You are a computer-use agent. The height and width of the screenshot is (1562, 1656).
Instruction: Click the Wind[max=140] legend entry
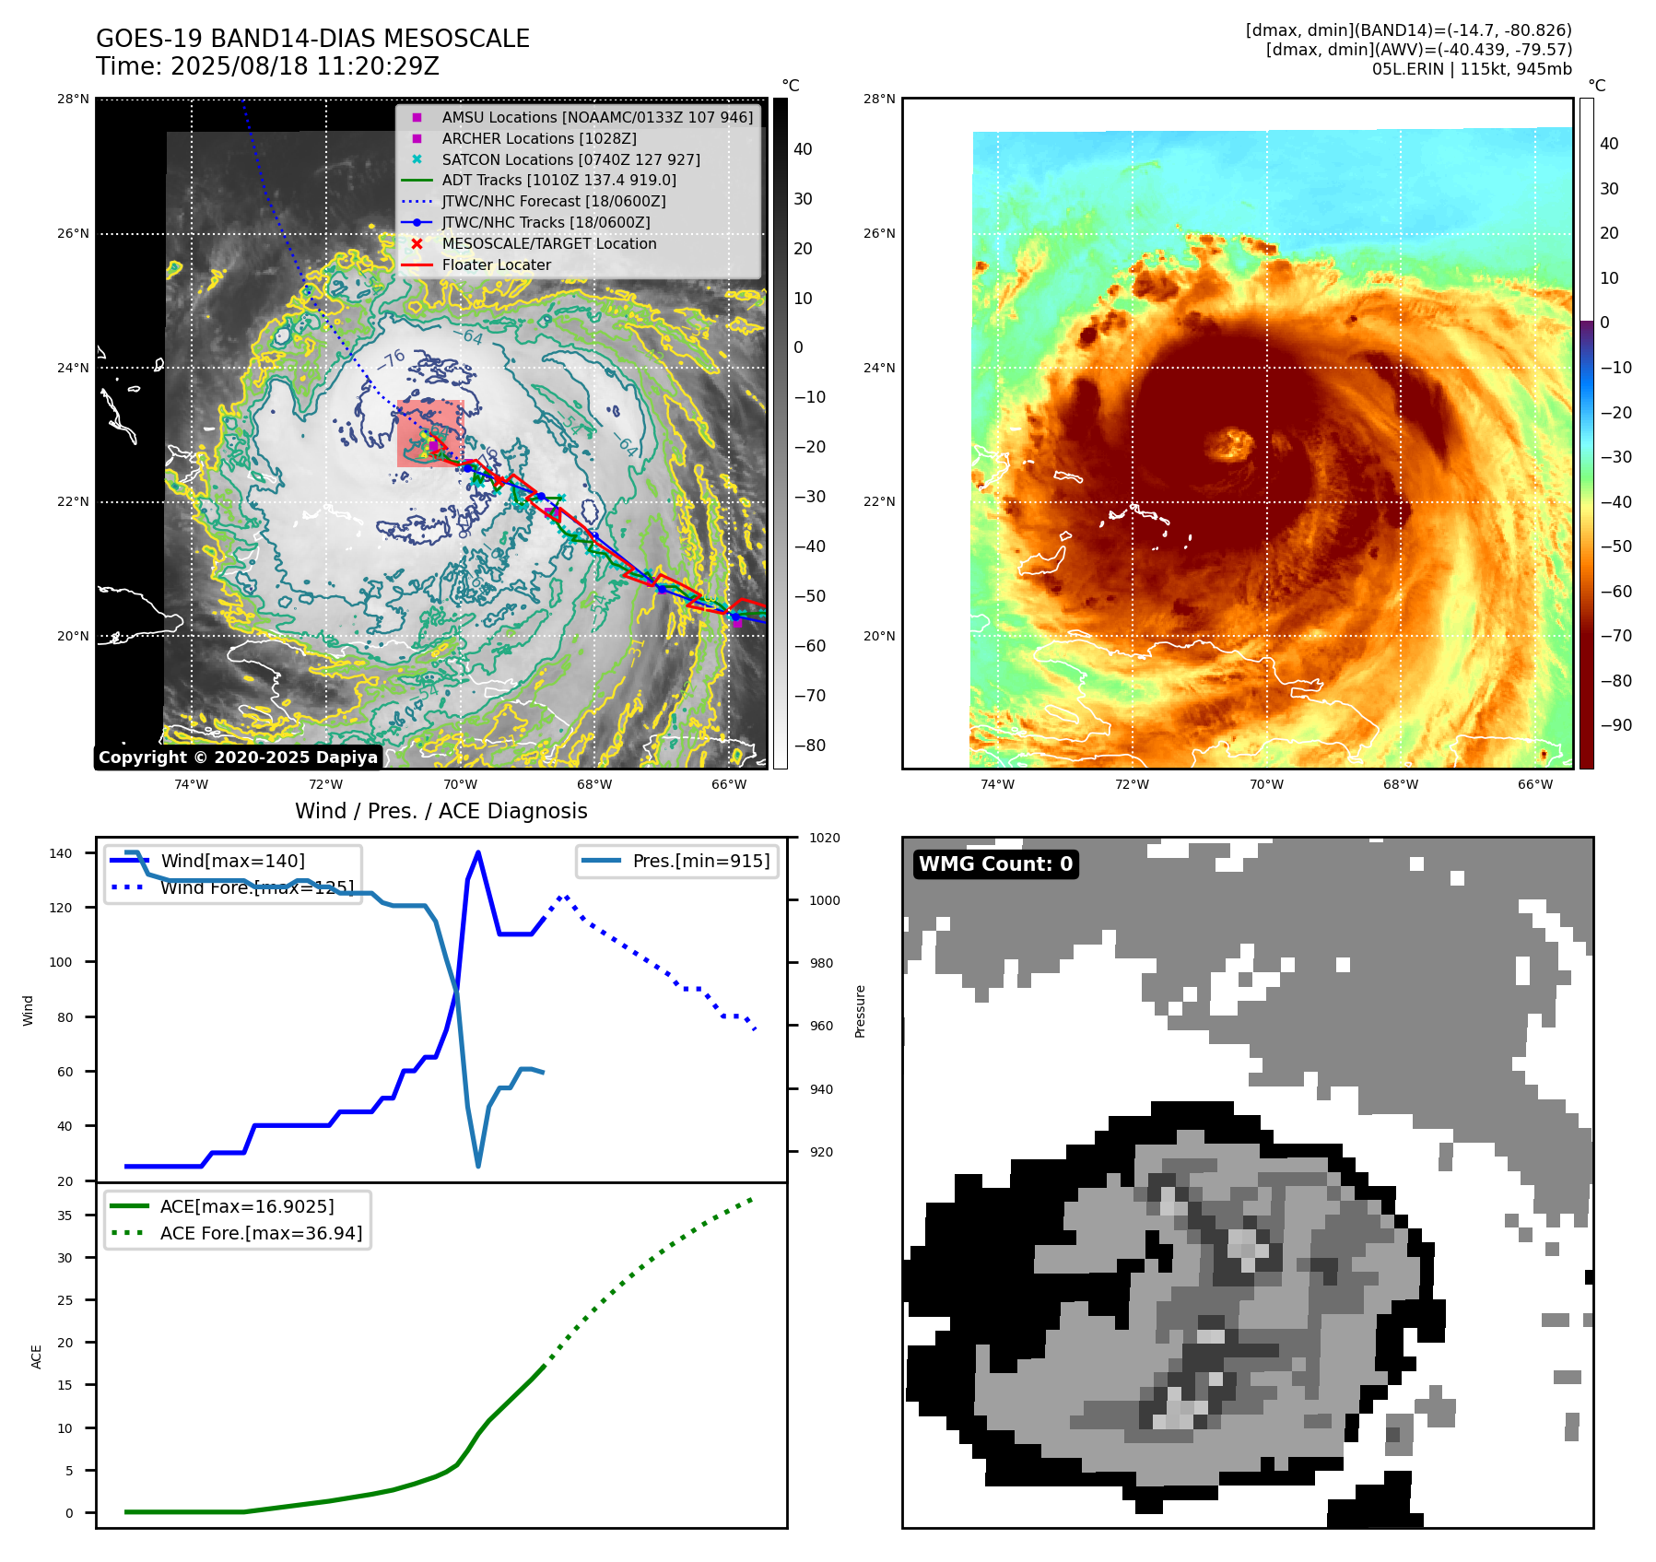pyautogui.click(x=232, y=861)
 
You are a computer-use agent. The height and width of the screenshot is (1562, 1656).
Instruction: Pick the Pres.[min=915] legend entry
pyautogui.click(x=700, y=861)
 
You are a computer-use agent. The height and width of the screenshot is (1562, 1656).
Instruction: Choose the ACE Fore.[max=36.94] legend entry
pyautogui.click(x=261, y=1233)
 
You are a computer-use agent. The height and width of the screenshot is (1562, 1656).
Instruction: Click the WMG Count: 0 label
pyautogui.click(x=995, y=863)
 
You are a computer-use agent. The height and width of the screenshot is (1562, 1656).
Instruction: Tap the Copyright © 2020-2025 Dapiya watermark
pyautogui.click(x=238, y=758)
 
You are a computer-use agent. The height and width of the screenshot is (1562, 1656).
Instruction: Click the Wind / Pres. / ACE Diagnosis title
pyautogui.click(x=440, y=811)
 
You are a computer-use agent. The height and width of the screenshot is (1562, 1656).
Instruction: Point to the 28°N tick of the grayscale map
pyautogui.click(x=73, y=99)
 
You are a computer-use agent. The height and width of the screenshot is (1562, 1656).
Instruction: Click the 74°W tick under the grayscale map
pyautogui.click(x=192, y=784)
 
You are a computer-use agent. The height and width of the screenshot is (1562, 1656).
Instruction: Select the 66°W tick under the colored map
pyautogui.click(x=1534, y=784)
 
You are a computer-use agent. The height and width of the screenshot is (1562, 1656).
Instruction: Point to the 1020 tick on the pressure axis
pyautogui.click(x=825, y=838)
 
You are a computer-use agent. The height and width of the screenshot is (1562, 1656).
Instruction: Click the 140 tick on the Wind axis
pyautogui.click(x=60, y=853)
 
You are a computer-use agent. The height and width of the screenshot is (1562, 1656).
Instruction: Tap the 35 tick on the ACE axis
pyautogui.click(x=65, y=1216)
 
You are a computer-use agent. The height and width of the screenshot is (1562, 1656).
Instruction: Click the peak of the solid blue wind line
pyautogui.click(x=477, y=852)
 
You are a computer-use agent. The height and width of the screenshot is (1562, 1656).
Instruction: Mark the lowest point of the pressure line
pyautogui.click(x=478, y=1166)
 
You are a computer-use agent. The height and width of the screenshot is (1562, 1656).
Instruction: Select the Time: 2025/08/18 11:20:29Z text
pyautogui.click(x=267, y=66)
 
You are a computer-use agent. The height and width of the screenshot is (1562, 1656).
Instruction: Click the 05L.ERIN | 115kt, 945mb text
pyautogui.click(x=1472, y=69)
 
